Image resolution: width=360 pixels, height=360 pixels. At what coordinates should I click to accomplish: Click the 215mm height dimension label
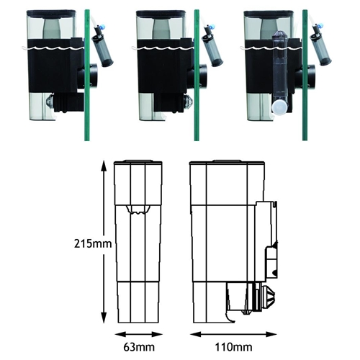pos(93,244)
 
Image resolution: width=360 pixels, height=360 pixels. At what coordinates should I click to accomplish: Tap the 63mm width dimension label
pos(139,347)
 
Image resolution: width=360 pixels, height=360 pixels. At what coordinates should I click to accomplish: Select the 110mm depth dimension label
pos(233,347)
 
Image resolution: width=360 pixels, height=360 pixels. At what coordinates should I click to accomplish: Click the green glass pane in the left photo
pos(87,75)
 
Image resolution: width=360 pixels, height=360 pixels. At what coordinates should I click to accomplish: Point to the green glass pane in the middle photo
pos(197,75)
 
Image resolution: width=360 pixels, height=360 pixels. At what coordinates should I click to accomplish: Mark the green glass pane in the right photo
pos(305,75)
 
